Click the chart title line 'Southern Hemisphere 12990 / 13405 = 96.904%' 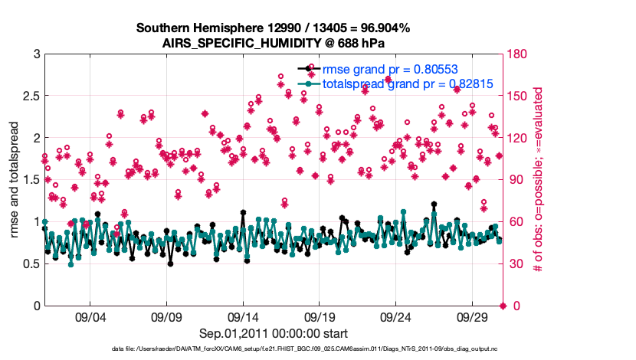(274, 28)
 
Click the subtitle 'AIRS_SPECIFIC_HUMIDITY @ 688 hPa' (274, 44)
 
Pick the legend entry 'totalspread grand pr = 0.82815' (408, 84)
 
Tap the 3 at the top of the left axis (36, 54)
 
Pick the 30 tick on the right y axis (515, 264)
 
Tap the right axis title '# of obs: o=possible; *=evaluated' (538, 180)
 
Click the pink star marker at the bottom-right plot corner (503, 306)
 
